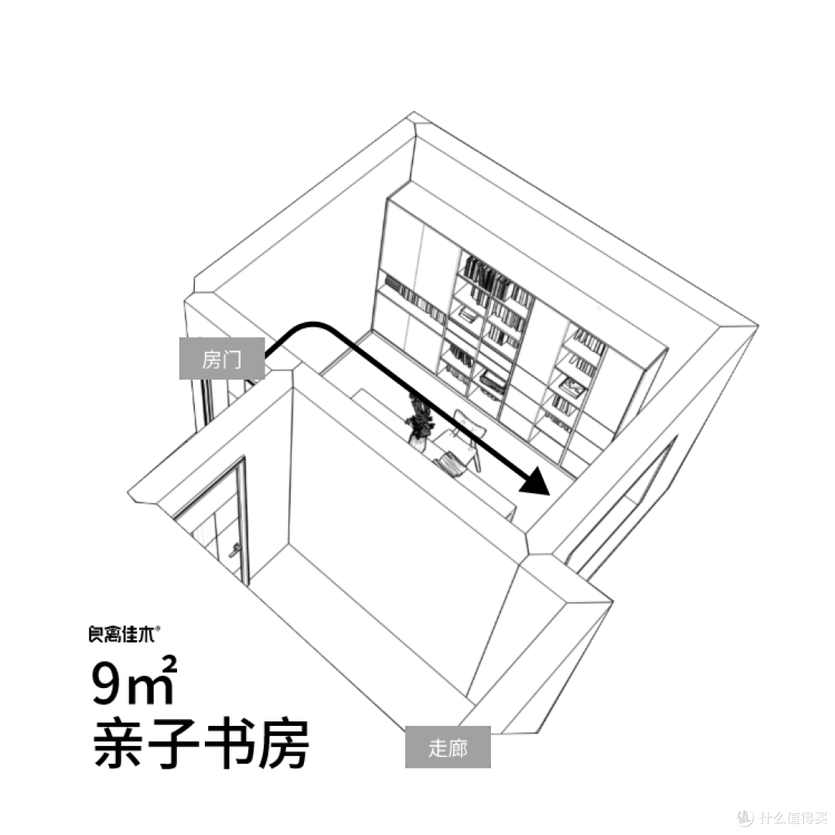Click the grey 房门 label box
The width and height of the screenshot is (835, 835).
tap(222, 359)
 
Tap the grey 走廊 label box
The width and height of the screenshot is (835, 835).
tap(448, 747)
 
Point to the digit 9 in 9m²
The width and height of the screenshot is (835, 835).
tap(108, 683)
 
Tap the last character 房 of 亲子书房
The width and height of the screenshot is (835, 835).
tap(283, 745)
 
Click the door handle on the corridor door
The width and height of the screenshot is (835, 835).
tap(235, 550)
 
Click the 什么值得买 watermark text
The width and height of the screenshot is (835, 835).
tap(793, 816)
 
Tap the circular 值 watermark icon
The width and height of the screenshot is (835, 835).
tap(745, 816)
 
